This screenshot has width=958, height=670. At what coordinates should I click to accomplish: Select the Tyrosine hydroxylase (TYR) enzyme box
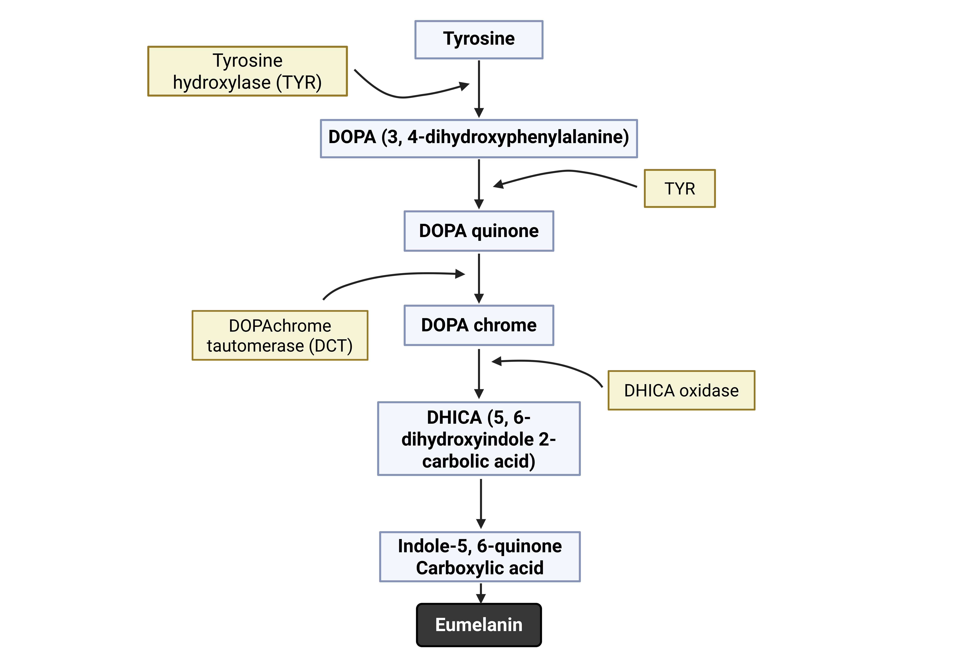click(247, 71)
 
